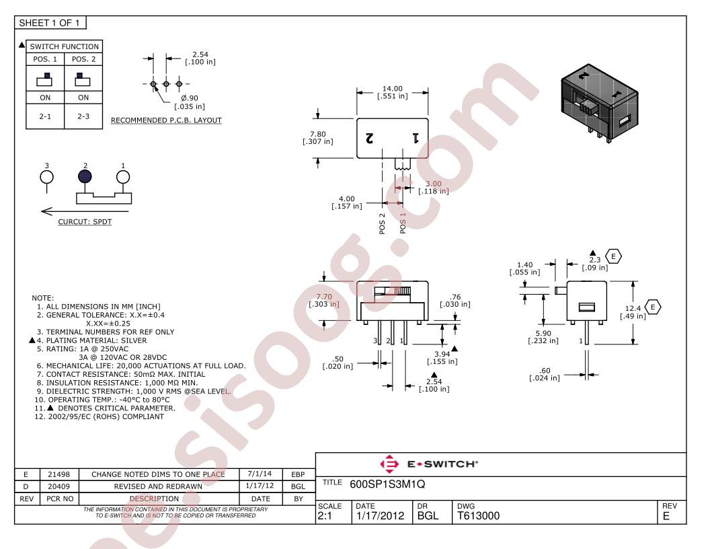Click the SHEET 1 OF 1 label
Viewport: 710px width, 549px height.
click(49, 23)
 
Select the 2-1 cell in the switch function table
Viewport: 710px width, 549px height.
click(45, 116)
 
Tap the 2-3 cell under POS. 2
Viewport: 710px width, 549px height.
click(83, 116)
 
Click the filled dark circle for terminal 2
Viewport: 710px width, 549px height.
click(85, 177)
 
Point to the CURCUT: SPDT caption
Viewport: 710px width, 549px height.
click(85, 221)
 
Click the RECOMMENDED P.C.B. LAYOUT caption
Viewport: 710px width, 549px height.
click(166, 120)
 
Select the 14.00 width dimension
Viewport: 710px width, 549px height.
click(392, 89)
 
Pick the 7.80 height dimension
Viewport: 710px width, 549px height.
click(318, 134)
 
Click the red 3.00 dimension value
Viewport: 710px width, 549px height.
click(434, 184)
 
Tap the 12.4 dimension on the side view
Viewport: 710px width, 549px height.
click(633, 308)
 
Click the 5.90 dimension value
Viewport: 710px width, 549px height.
click(543, 333)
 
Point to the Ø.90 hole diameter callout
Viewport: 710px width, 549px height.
click(190, 98)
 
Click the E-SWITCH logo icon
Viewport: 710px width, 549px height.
click(389, 464)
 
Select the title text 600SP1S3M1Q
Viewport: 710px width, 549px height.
click(387, 484)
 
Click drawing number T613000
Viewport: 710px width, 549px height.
click(478, 516)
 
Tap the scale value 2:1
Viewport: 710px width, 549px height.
click(325, 516)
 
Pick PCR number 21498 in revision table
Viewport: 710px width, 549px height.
click(59, 474)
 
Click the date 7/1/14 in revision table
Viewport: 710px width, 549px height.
click(260, 474)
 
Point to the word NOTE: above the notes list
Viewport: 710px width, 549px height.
click(42, 298)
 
